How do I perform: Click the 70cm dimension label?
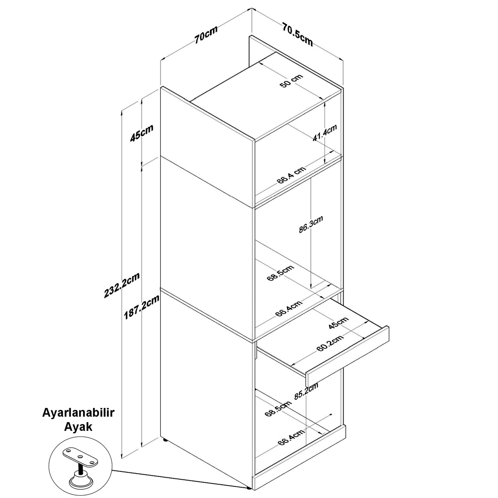pyautogui.click(x=206, y=34)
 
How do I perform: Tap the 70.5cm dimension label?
pyautogui.click(x=297, y=34)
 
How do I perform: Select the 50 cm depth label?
pyautogui.click(x=291, y=81)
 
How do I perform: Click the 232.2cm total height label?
pyautogui.click(x=122, y=285)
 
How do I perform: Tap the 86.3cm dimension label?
pyautogui.click(x=311, y=225)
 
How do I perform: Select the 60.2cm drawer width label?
pyautogui.click(x=330, y=344)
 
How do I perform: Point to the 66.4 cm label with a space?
pyautogui.click(x=291, y=175)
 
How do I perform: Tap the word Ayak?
pyautogui.click(x=78, y=427)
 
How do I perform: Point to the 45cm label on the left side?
pyautogui.click(x=142, y=133)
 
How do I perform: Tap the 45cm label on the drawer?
pyautogui.click(x=339, y=323)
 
